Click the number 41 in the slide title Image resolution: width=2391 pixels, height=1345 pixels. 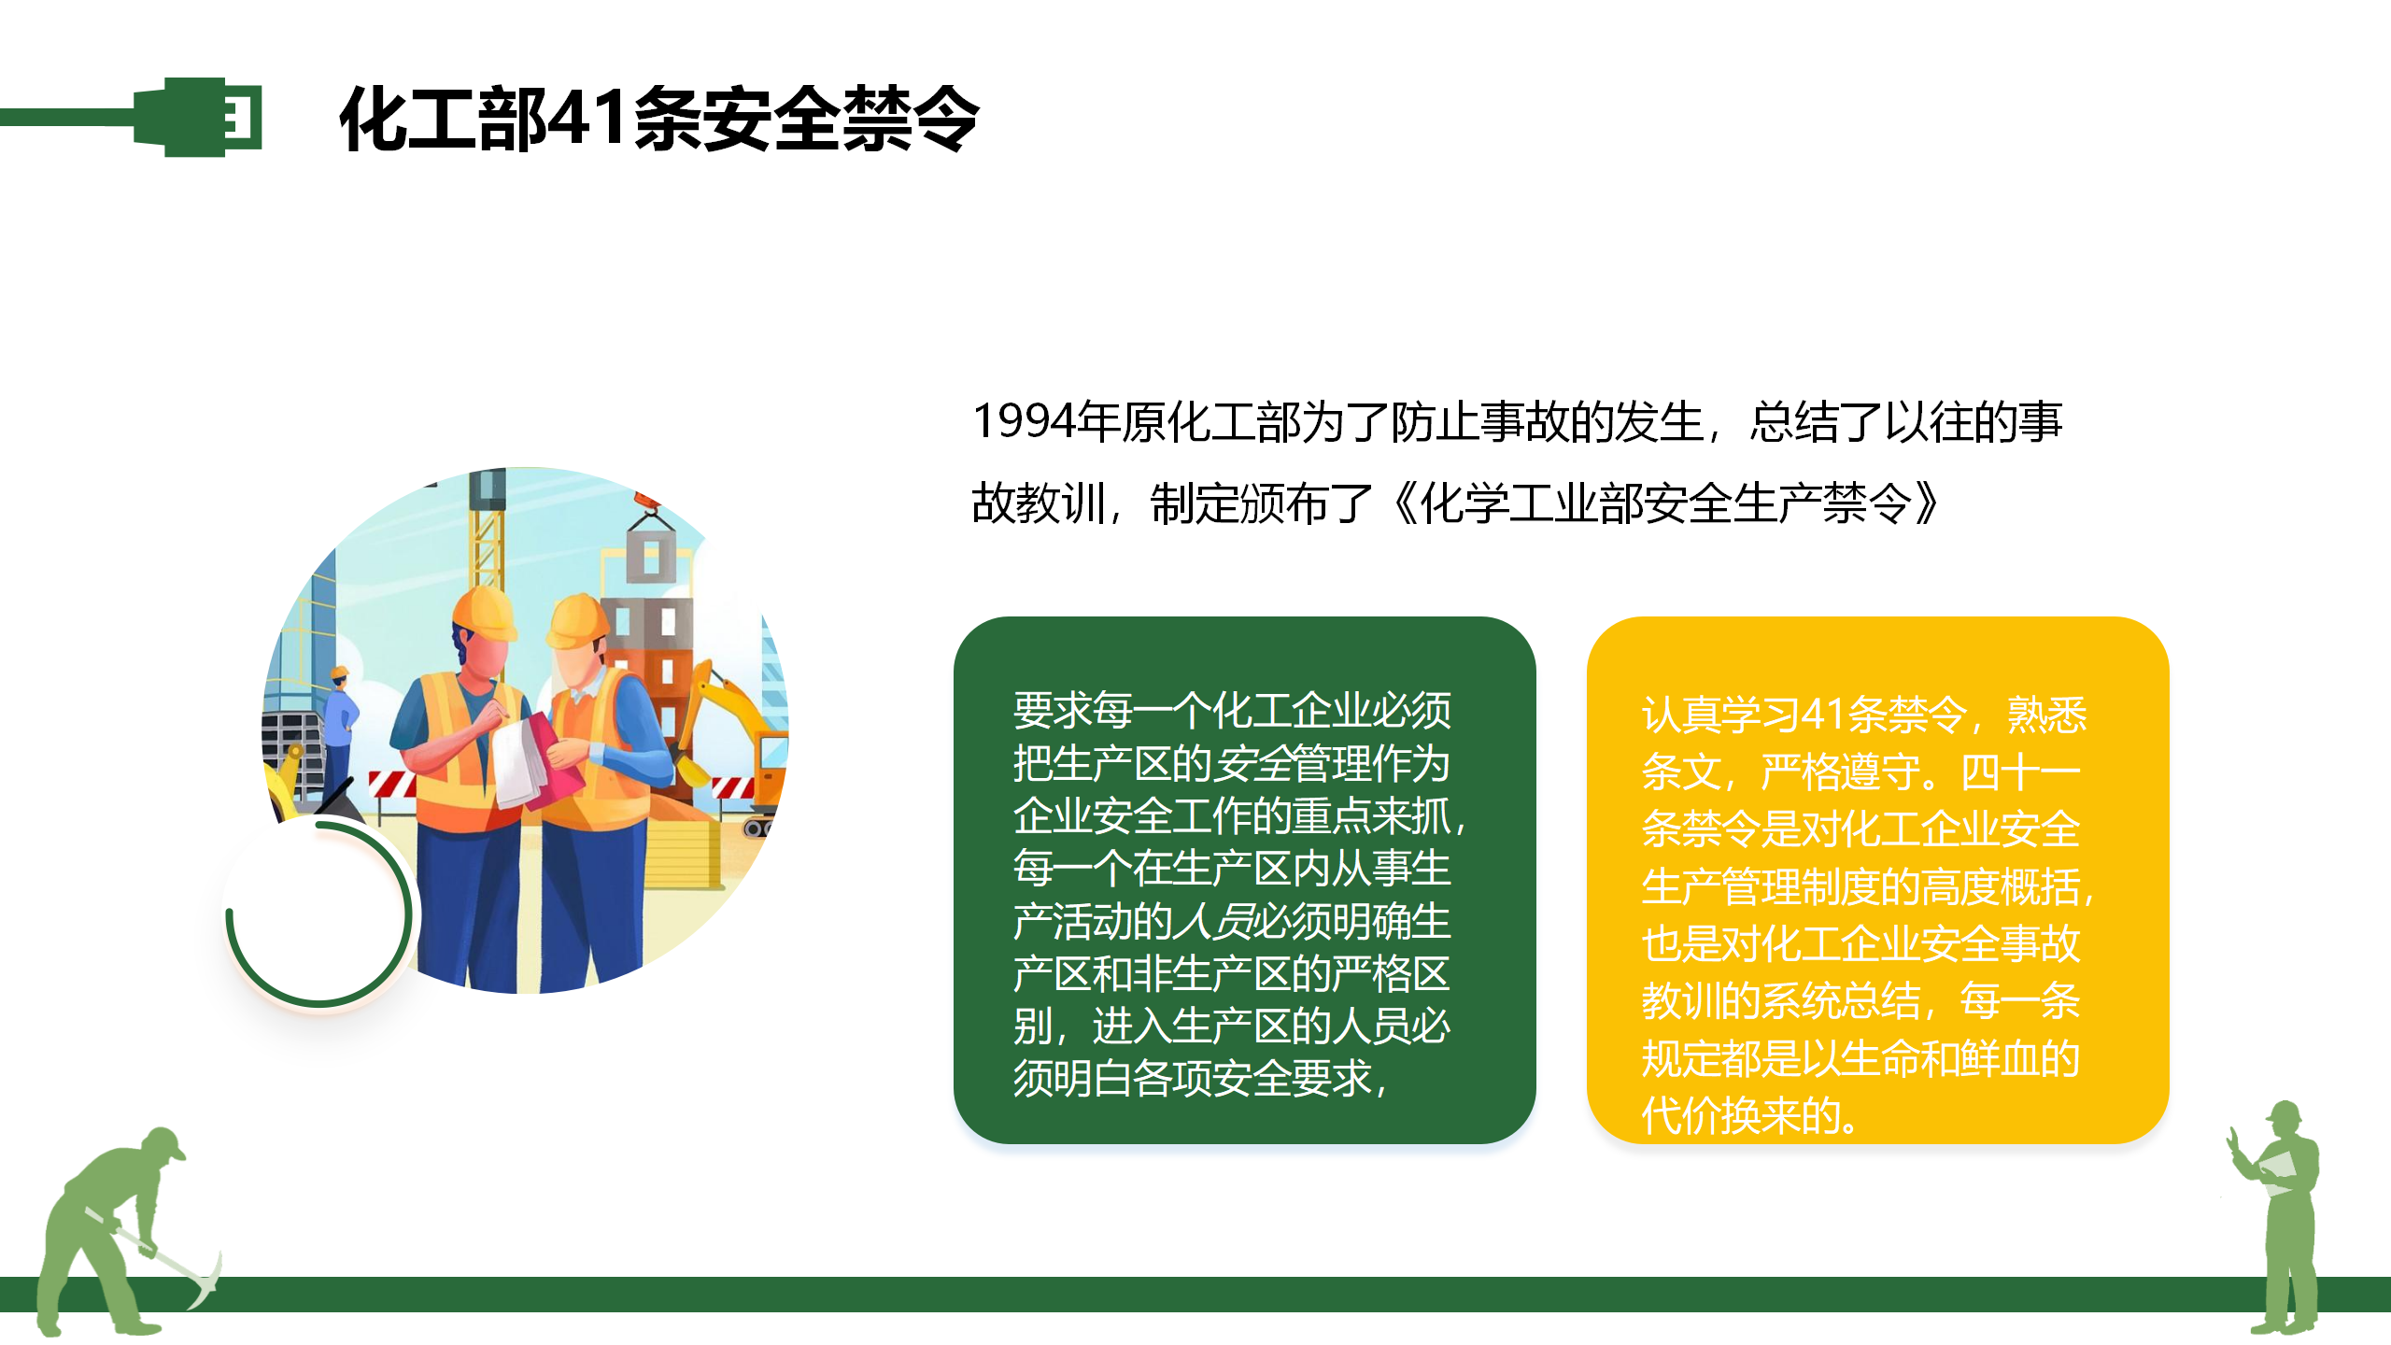click(587, 119)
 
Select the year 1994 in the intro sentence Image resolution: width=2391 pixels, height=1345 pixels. click(1024, 421)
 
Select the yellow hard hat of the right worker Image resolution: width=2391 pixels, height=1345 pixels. click(576, 620)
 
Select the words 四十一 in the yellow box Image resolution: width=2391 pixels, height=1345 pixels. click(2019, 772)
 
